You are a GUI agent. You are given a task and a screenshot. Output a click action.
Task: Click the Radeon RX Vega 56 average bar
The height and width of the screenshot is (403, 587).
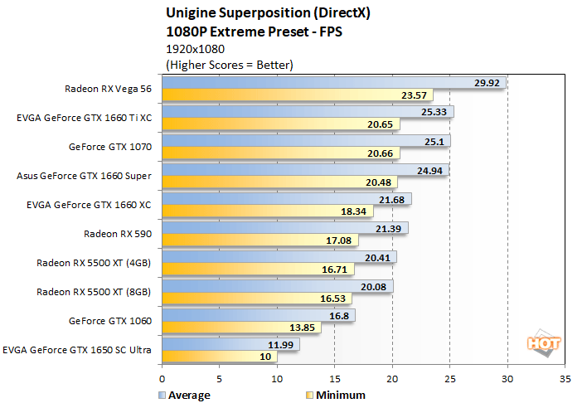point(332,83)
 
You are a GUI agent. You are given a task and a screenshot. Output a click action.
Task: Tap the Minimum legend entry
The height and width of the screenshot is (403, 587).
point(337,395)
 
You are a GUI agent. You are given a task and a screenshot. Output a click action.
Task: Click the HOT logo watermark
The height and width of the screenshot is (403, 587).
point(543,343)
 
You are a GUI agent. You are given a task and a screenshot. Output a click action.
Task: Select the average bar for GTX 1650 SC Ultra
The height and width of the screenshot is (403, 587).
point(230,343)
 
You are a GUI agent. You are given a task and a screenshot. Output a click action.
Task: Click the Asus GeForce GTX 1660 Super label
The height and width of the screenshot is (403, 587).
point(84,176)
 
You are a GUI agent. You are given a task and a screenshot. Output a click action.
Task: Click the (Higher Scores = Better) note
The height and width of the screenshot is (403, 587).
point(230,64)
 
